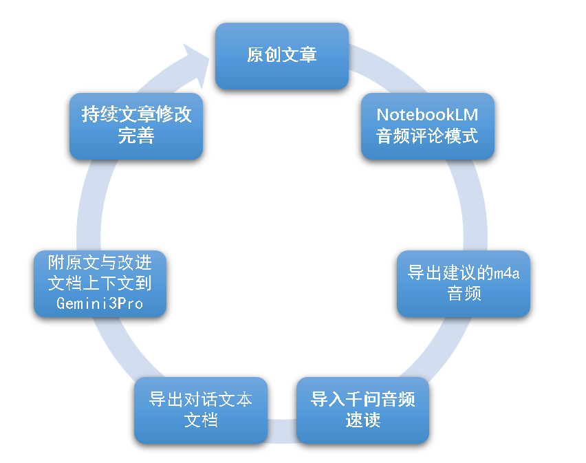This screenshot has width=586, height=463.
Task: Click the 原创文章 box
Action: coord(282,56)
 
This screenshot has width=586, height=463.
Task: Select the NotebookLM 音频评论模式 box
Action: coord(428,126)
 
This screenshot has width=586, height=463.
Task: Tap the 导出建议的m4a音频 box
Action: coord(464,283)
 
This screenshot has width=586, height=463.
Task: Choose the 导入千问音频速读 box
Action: coord(362,409)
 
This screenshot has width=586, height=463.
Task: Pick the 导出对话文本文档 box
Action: coord(201,409)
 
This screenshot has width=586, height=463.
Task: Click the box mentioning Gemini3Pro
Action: coord(100,283)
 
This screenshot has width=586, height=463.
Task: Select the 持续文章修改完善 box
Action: coord(136,126)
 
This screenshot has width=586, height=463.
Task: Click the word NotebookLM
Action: coord(428,115)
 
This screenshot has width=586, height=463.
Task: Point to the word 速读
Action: coord(362,420)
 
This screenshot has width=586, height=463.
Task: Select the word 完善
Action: coord(136,136)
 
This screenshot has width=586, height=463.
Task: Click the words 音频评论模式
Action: coord(428,136)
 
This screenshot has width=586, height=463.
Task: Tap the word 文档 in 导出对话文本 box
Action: coord(201,420)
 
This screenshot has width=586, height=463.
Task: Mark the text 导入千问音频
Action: coord(362,400)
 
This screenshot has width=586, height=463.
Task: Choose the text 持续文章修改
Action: coord(136,115)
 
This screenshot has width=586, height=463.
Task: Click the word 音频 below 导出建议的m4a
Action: coord(464,294)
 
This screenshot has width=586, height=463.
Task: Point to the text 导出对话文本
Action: coord(201,400)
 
